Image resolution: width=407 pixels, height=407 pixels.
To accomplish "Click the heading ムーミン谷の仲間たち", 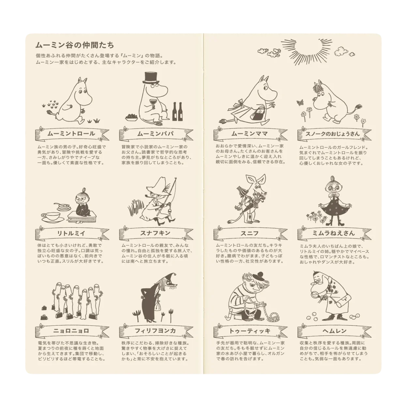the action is [x=75, y=45].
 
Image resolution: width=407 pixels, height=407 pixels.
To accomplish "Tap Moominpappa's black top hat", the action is [x=151, y=78].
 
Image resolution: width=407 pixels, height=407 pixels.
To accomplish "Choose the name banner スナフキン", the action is [x=156, y=233].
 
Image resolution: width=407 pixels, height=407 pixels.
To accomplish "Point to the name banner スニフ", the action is [x=250, y=233].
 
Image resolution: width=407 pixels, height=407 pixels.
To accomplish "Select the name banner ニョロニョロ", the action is [x=72, y=331].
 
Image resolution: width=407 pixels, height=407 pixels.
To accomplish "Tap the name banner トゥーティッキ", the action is [x=250, y=331].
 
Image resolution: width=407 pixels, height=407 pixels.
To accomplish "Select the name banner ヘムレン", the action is [x=335, y=331].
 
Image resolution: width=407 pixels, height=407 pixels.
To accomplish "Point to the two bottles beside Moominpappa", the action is [x=177, y=112].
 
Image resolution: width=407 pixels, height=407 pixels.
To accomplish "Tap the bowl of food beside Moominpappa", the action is [x=131, y=117].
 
